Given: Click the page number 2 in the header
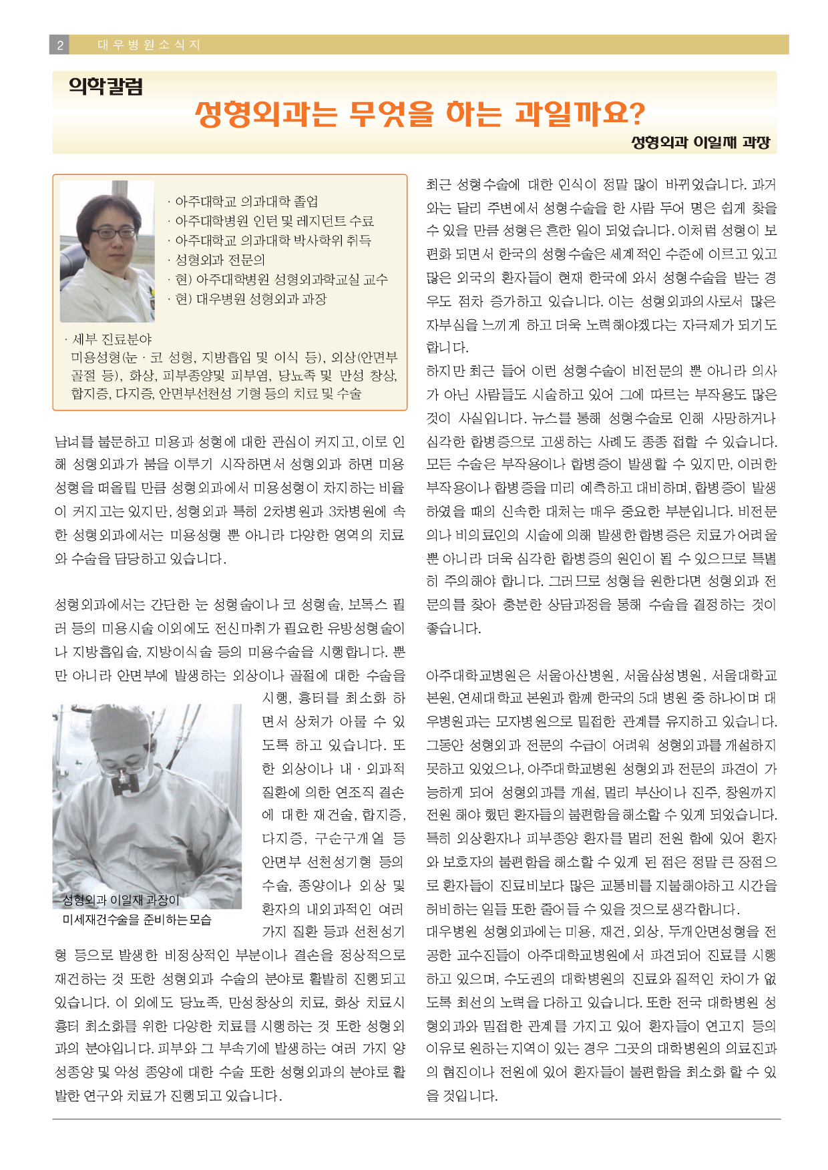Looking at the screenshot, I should click(x=59, y=45).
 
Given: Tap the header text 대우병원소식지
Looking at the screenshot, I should click(x=149, y=45).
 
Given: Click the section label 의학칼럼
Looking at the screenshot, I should click(x=106, y=87).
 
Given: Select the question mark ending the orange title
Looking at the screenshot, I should click(x=637, y=114).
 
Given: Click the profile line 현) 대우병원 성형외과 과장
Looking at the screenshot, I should click(x=250, y=299).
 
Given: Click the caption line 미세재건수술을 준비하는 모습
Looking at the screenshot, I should click(x=137, y=920).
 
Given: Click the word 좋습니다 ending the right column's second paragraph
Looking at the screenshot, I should click(x=453, y=628).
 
